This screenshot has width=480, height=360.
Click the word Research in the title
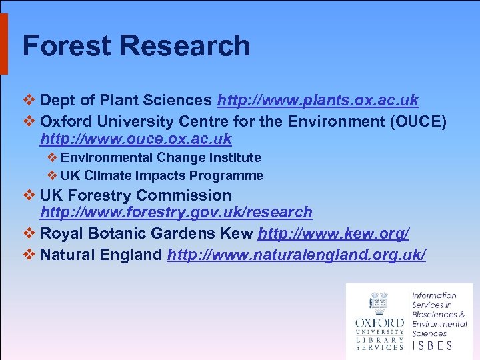[187, 46]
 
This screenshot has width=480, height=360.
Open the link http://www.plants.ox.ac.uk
[317, 101]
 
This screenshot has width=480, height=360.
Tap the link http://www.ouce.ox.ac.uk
[136, 139]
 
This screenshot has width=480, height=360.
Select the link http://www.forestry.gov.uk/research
[176, 212]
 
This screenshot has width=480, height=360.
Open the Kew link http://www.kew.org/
[333, 233]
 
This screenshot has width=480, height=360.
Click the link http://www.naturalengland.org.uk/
[297, 255]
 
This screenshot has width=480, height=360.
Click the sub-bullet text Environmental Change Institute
[161, 158]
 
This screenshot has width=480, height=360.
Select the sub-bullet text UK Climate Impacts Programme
[161, 176]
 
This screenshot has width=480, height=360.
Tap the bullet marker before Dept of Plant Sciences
[29, 101]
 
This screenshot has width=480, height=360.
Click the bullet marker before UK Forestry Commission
[29, 195]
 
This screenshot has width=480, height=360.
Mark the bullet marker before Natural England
[29, 255]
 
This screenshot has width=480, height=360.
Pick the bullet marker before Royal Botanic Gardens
[29, 233]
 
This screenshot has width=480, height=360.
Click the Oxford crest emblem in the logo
[379, 304]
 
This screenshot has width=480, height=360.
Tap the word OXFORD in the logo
[379, 323]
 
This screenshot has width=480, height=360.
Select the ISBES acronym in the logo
[432, 345]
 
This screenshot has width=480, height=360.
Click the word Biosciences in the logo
[434, 314]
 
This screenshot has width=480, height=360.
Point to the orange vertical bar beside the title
[3, 43]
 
